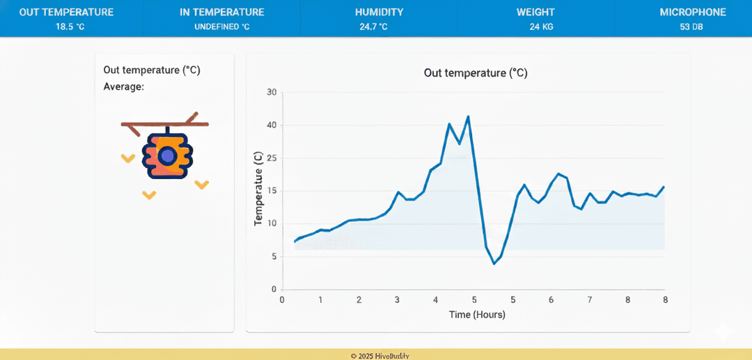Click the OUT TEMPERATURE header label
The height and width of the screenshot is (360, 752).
click(x=66, y=12)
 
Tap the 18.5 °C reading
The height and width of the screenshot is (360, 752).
click(x=70, y=26)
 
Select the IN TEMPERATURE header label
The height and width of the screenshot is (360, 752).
click(x=222, y=12)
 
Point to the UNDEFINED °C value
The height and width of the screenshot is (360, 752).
click(x=221, y=26)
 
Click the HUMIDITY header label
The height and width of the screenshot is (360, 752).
click(x=379, y=12)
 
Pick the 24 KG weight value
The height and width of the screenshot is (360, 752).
click(x=541, y=26)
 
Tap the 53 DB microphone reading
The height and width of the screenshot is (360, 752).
click(x=692, y=26)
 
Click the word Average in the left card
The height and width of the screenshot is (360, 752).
click(x=123, y=86)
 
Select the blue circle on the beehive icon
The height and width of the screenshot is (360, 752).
click(x=166, y=155)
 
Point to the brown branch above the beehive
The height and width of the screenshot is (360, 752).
click(x=164, y=124)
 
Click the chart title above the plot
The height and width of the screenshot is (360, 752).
click(x=476, y=72)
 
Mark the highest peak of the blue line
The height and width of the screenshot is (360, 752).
click(x=468, y=116)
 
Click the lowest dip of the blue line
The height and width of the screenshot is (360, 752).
click(x=494, y=263)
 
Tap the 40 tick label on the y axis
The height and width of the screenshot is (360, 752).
click(x=271, y=125)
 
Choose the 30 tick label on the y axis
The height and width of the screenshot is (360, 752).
click(x=271, y=93)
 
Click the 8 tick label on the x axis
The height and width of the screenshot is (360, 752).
click(x=665, y=299)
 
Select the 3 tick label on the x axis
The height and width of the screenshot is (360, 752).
click(x=397, y=299)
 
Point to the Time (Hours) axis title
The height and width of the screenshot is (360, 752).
click(x=477, y=314)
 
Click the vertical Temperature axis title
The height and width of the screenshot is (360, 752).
click(x=258, y=189)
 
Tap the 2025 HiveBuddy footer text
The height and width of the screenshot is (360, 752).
click(x=380, y=356)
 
